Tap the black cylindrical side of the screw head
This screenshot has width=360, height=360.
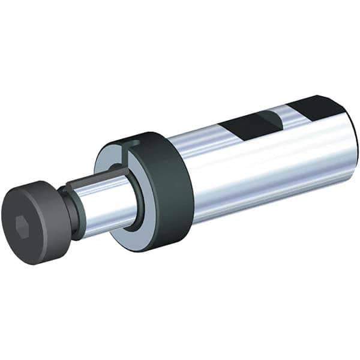51,210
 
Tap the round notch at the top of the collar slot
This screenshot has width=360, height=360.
136,143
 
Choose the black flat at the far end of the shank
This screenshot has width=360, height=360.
318,106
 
